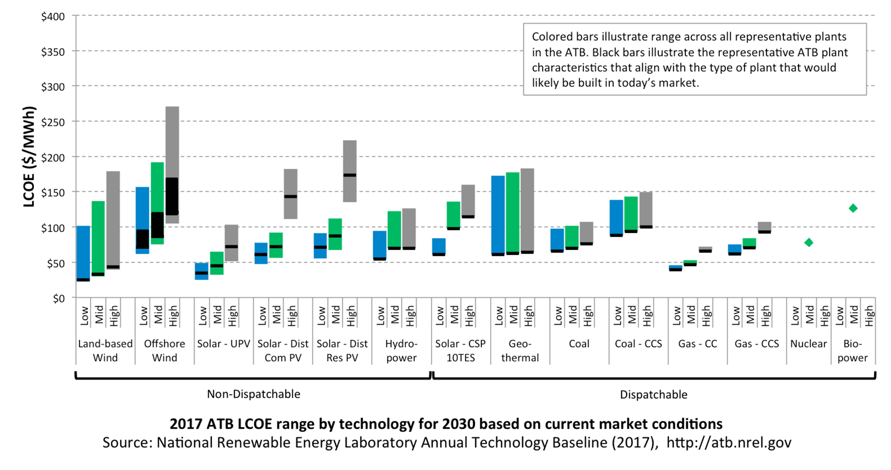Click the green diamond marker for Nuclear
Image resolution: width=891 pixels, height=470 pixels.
coord(808,243)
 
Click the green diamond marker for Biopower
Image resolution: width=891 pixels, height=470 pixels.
coord(853,208)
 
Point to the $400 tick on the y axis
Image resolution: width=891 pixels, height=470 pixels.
coord(53,16)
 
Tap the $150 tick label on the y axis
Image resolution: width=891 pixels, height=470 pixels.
coord(53,193)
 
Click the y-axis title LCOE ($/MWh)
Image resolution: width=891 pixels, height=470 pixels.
coord(30,156)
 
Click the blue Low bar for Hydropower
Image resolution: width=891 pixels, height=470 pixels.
coord(380,245)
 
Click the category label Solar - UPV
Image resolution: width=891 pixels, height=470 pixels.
coord(224,344)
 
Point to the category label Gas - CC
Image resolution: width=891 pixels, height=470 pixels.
coord(698,344)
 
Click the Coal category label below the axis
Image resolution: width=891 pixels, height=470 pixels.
coord(579,344)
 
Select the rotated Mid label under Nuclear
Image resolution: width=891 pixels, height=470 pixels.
coord(809,315)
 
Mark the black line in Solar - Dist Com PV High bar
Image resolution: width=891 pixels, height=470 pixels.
coord(290,196)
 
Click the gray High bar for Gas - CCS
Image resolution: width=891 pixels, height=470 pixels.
coord(764,226)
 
